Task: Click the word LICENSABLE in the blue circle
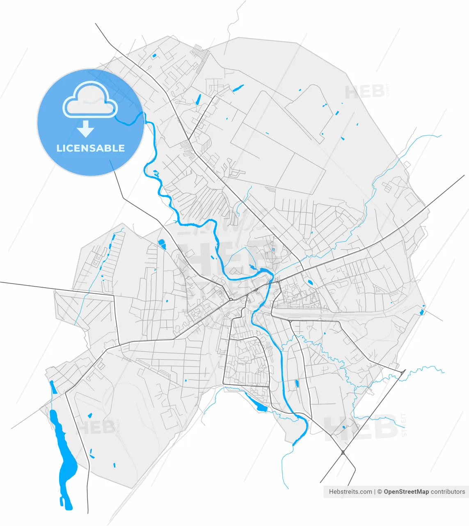point(90,148)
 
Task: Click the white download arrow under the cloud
point(86,129)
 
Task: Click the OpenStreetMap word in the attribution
point(406,491)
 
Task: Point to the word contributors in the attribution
point(448,491)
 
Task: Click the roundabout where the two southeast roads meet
point(343,452)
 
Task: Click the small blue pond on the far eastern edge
point(422,312)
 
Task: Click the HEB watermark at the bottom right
point(361,428)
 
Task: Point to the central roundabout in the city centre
point(231,299)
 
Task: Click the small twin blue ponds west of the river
point(162,244)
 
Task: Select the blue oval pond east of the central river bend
point(310,282)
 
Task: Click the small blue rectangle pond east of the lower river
point(297,384)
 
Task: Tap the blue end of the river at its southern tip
point(294,443)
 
